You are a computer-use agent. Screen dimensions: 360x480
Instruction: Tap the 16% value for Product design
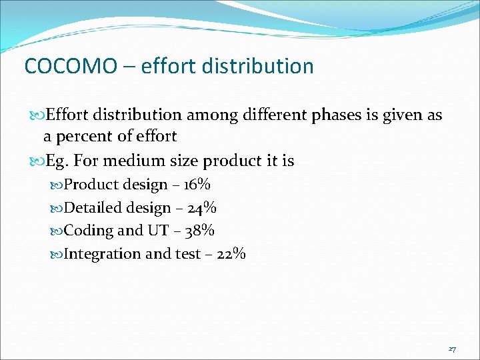199,185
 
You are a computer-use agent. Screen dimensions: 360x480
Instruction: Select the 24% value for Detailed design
202,208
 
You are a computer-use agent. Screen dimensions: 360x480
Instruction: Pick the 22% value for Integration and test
232,254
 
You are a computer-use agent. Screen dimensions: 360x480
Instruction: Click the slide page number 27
452,349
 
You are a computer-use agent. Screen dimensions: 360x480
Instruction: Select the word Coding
89,231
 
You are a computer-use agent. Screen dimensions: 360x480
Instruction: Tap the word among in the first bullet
209,115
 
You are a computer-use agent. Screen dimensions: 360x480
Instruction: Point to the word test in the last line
188,254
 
